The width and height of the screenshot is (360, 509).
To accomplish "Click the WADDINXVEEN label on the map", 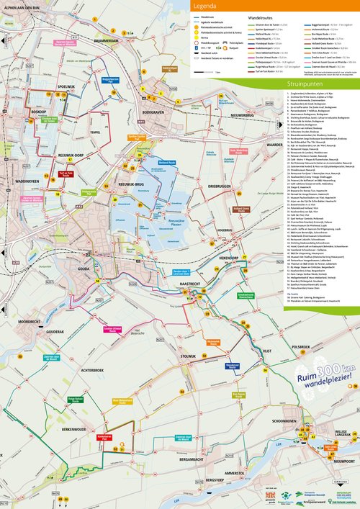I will point(26,183).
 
